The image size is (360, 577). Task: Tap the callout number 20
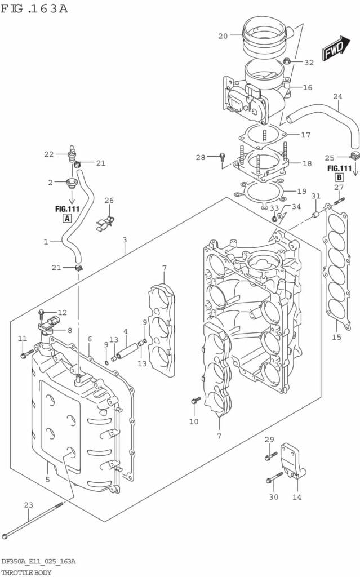223,36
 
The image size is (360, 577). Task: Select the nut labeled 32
287,61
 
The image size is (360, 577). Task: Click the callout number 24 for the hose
337,96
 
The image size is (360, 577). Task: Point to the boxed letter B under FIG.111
339,177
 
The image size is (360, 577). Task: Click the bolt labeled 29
271,455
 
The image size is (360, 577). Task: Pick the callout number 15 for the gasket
336,338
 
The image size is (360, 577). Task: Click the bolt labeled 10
195,401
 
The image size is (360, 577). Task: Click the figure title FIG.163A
34,8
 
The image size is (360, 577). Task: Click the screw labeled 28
222,156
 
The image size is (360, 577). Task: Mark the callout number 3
125,239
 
